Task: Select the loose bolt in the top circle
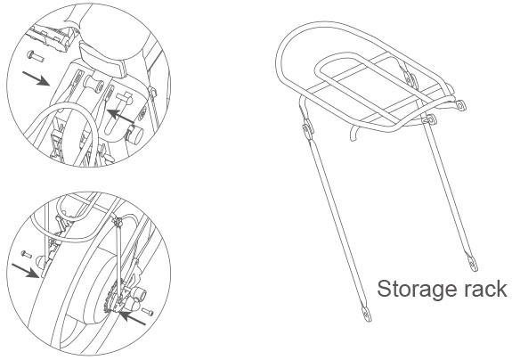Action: click(35, 56)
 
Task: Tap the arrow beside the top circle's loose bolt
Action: click(36, 78)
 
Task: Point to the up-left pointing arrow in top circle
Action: click(120, 117)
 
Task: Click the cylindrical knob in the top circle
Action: click(135, 135)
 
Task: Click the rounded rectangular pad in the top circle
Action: click(103, 61)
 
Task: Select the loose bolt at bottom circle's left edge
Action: click(26, 254)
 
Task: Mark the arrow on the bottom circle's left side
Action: click(25, 271)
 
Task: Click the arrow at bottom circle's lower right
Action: click(132, 317)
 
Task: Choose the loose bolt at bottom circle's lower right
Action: click(148, 312)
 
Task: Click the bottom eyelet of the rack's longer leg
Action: click(367, 314)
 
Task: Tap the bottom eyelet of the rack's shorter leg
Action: click(473, 263)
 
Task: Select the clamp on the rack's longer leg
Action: click(308, 127)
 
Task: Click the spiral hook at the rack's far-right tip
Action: click(460, 105)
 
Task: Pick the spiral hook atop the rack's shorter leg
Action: click(430, 120)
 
